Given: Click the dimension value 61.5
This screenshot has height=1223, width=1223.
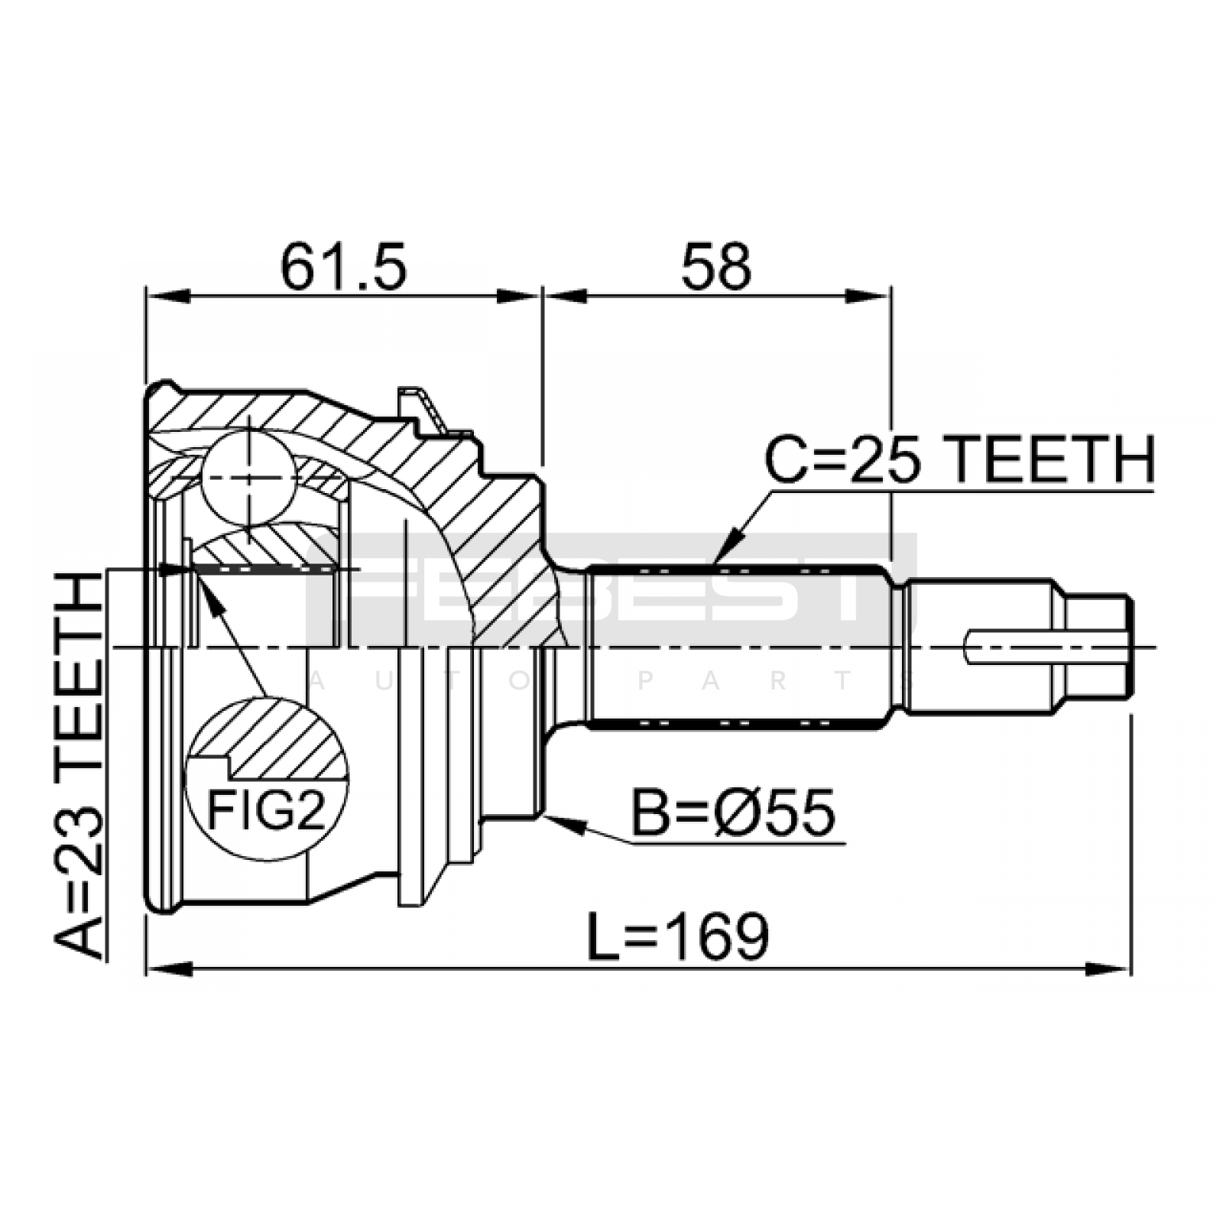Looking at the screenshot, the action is point(343,267).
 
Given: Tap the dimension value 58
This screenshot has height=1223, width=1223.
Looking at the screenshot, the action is point(717,267).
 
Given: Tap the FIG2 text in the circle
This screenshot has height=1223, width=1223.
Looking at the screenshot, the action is point(267,809).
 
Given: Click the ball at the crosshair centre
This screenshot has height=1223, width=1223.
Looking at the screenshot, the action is point(249,478).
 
